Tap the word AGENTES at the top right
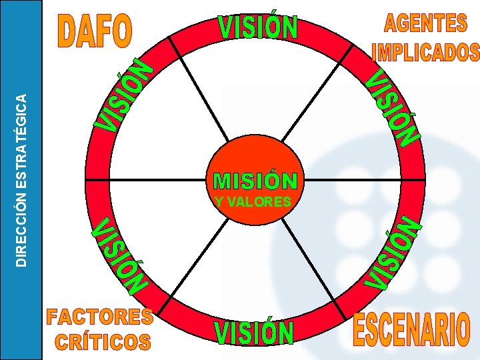(x=425, y=23)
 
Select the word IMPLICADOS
(x=425, y=52)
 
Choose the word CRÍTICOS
(x=103, y=342)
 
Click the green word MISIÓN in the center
(x=255, y=181)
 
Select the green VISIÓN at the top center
(x=258, y=28)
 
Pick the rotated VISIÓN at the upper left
(x=125, y=94)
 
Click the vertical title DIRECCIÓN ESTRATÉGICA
(x=22, y=180)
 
